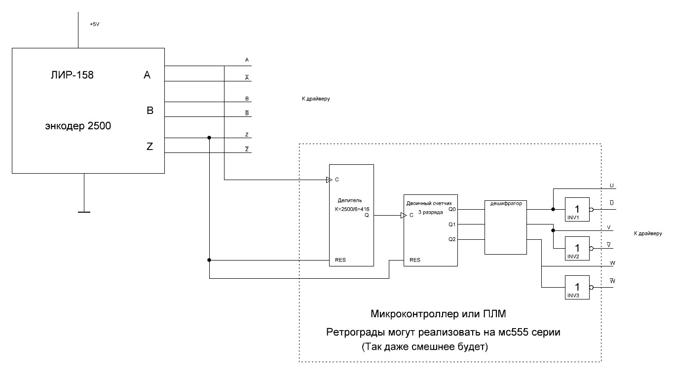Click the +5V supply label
(x=95, y=24)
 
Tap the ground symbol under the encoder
(x=84, y=212)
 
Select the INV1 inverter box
(x=577, y=209)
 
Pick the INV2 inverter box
(x=577, y=248)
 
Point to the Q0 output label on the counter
(x=452, y=209)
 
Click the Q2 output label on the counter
(x=452, y=239)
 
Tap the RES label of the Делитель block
(x=340, y=260)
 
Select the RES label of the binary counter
(x=415, y=260)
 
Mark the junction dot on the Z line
(x=210, y=138)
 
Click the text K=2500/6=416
(x=352, y=209)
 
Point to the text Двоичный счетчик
(x=427, y=203)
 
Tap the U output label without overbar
(x=611, y=186)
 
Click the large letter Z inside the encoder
(x=150, y=146)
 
